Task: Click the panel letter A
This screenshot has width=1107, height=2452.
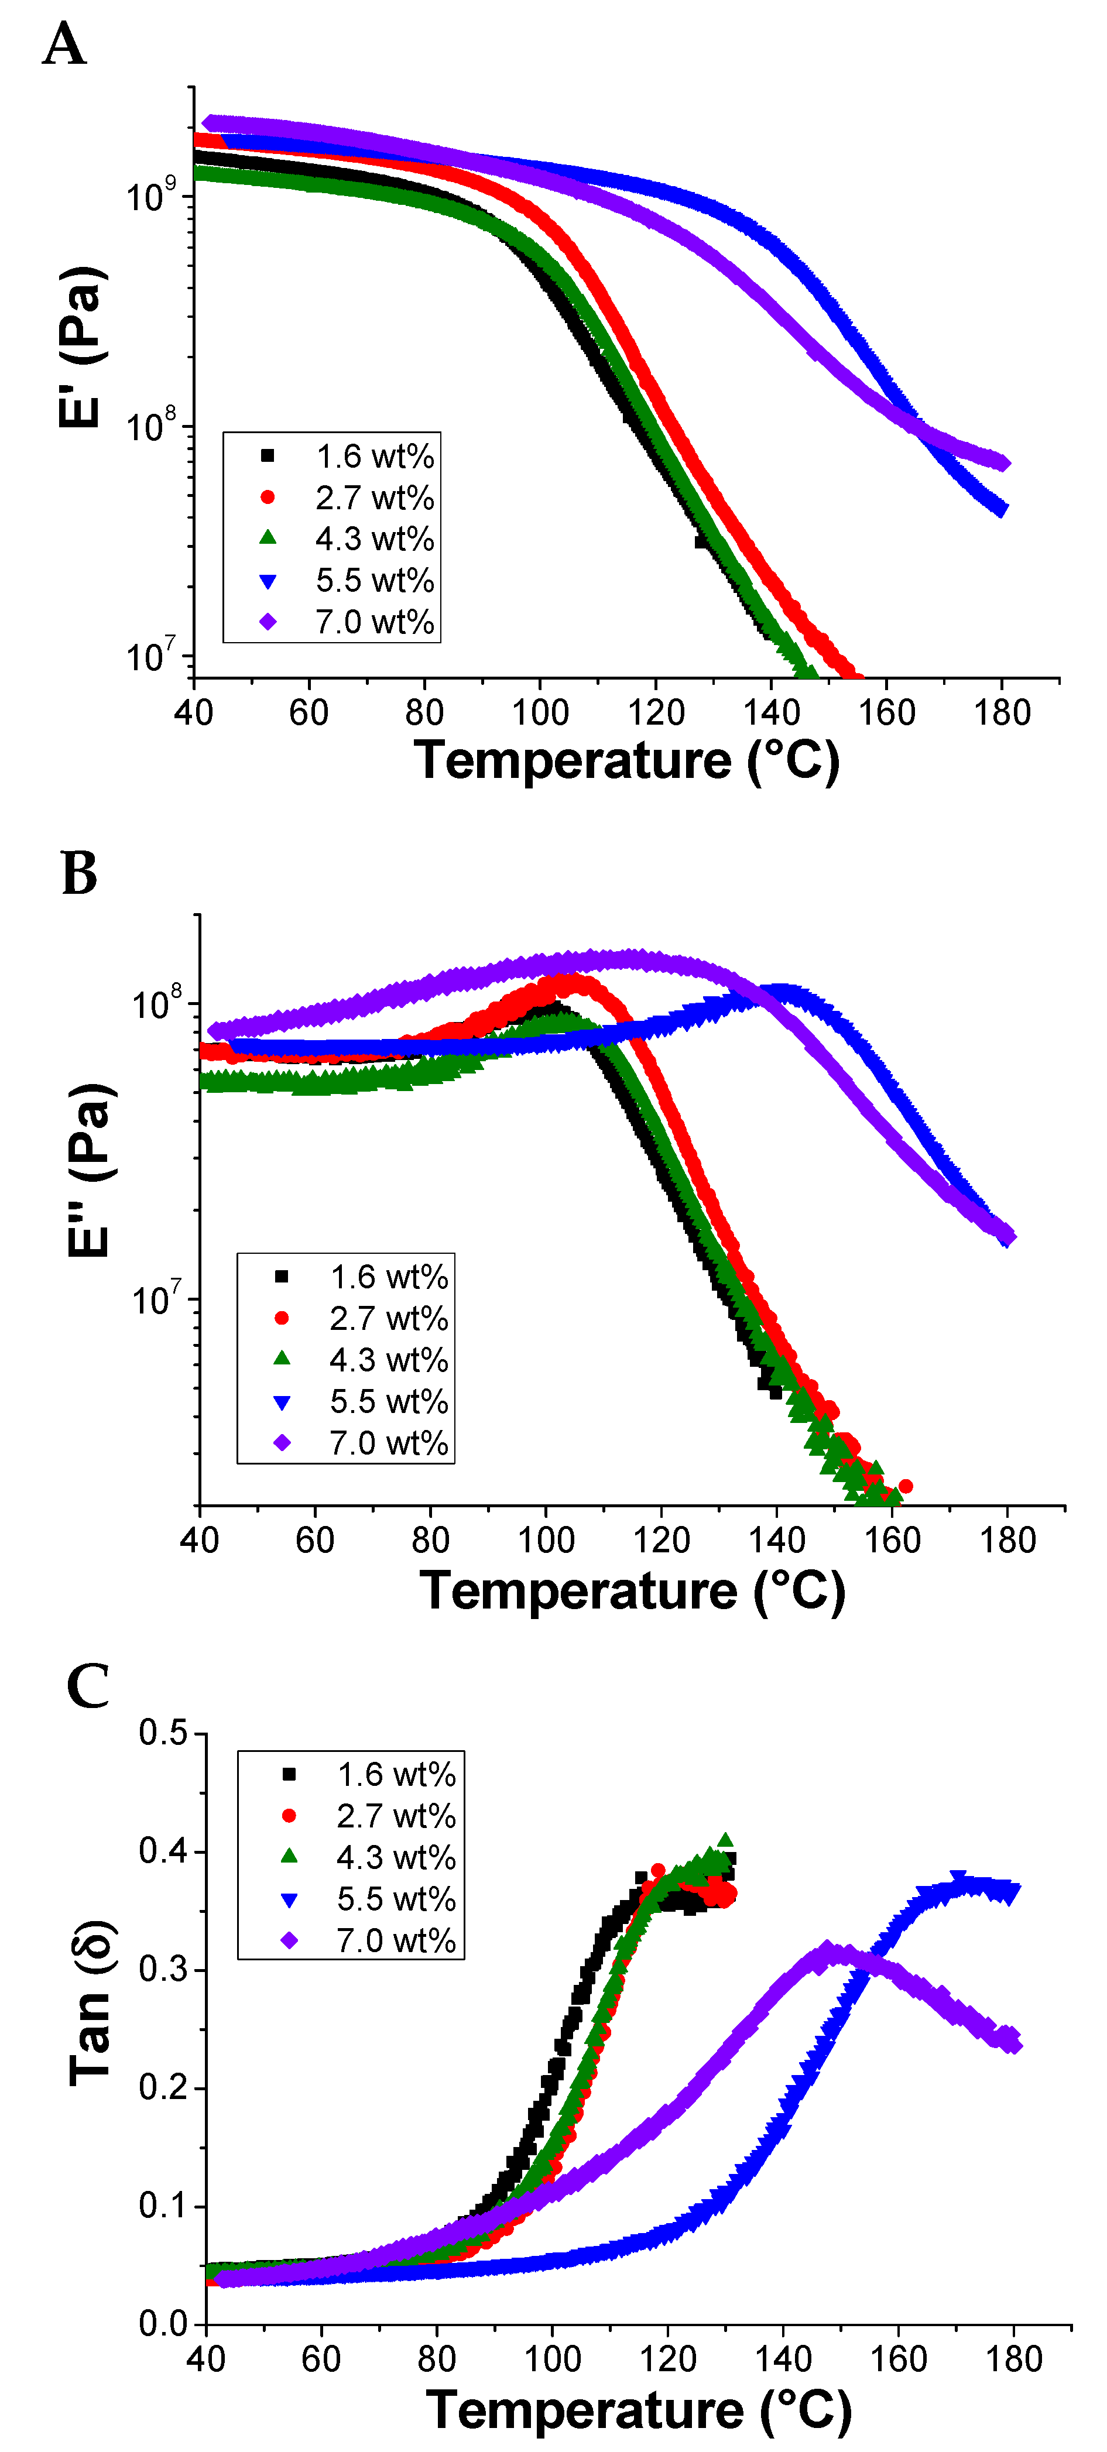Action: (x=65, y=44)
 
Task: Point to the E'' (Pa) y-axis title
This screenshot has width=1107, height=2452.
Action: (x=90, y=1170)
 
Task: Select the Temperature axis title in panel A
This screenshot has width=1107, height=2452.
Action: (x=626, y=760)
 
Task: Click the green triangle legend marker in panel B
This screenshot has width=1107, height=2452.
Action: (x=282, y=1359)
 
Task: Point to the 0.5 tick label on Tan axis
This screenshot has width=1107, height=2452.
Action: (x=164, y=1733)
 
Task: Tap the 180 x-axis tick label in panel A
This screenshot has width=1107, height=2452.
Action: (x=1002, y=712)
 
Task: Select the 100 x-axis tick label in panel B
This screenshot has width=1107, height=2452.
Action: (x=546, y=1539)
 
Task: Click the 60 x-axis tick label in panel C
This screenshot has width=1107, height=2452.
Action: (x=321, y=2359)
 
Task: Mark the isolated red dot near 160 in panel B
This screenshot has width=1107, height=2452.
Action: (x=905, y=1486)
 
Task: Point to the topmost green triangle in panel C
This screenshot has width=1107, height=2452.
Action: (x=725, y=1840)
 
